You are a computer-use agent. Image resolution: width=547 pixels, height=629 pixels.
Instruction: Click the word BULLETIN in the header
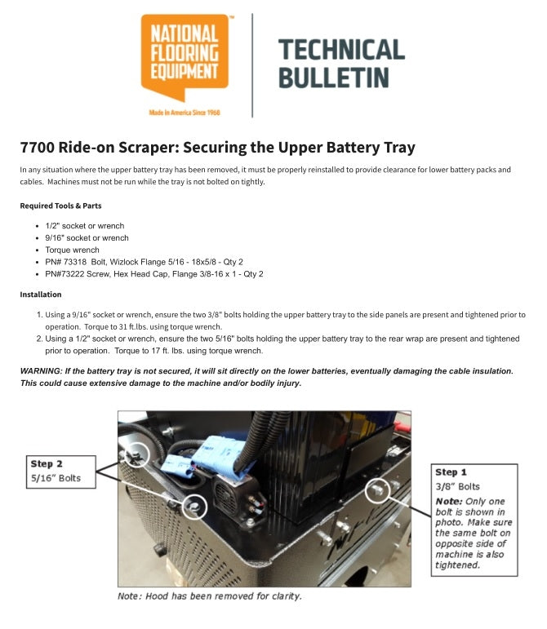pyautogui.click(x=333, y=78)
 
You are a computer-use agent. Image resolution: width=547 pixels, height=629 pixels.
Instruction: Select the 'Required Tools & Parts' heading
pyautogui.click(x=60, y=206)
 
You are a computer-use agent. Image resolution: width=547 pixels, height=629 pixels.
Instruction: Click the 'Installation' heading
pyautogui.click(x=41, y=295)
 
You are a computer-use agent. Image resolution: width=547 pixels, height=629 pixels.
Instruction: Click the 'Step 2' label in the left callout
pyautogui.click(x=47, y=463)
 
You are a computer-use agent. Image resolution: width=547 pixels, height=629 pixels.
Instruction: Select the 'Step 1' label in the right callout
pyautogui.click(x=451, y=472)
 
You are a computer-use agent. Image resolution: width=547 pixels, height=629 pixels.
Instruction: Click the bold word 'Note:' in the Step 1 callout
pyautogui.click(x=449, y=500)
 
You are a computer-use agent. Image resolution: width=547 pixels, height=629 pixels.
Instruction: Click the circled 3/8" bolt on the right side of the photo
pyautogui.click(x=377, y=491)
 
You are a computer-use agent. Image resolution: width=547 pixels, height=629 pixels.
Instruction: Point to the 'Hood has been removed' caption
pyautogui.click(x=209, y=596)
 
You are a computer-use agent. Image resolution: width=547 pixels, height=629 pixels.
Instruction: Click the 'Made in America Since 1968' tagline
pyautogui.click(x=185, y=112)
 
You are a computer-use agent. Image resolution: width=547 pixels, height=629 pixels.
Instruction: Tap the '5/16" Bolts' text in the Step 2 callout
pyautogui.click(x=56, y=478)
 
